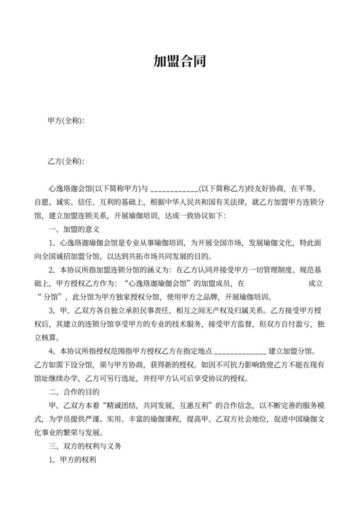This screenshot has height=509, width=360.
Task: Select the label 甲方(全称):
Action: pyautogui.click(x=66, y=121)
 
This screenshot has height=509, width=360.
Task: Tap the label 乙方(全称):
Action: pyautogui.click(x=66, y=160)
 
